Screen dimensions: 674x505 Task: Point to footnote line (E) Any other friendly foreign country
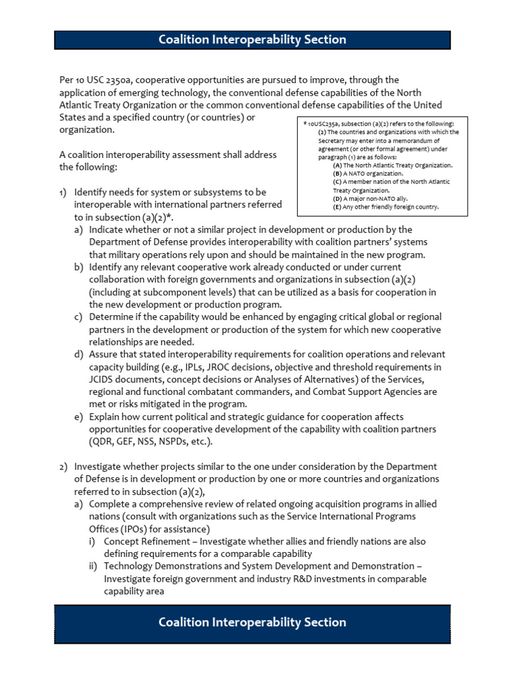coord(385,207)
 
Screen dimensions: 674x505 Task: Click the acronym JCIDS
coord(102,380)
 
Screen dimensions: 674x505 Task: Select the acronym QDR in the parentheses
coord(103,442)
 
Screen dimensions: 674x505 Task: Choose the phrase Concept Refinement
coord(149,541)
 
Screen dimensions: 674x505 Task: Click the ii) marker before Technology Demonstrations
coord(94,566)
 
